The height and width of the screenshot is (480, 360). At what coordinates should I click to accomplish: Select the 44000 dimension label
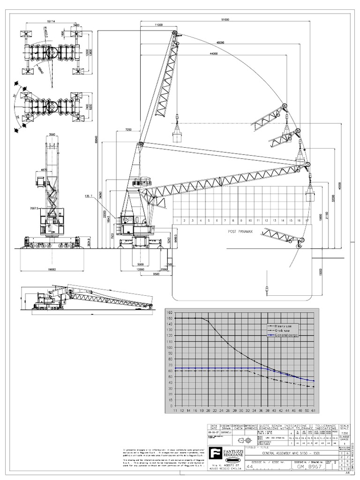(x=214, y=54)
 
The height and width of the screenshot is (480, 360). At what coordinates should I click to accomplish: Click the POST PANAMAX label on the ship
(x=240, y=232)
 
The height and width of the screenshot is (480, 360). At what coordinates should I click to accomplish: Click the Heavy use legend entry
(x=285, y=325)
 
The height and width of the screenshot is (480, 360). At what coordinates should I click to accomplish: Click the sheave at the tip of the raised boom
(x=174, y=33)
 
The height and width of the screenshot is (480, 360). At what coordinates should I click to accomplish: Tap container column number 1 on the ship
(x=177, y=220)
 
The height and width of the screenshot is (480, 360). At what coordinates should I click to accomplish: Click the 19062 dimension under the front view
(x=52, y=270)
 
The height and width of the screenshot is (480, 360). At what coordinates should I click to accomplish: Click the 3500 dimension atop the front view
(x=52, y=135)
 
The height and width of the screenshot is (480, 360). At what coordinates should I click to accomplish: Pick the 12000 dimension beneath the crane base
(x=141, y=270)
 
